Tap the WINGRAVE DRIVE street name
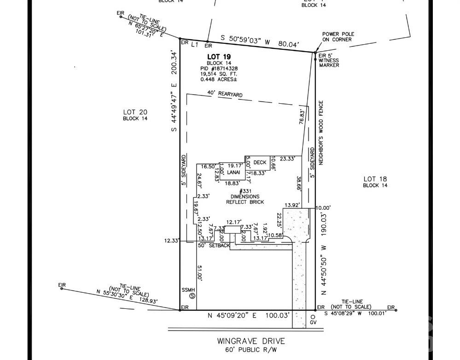click(251, 342)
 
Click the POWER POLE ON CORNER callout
click(337, 37)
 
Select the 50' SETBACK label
click(214, 246)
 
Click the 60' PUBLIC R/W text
click(251, 350)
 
